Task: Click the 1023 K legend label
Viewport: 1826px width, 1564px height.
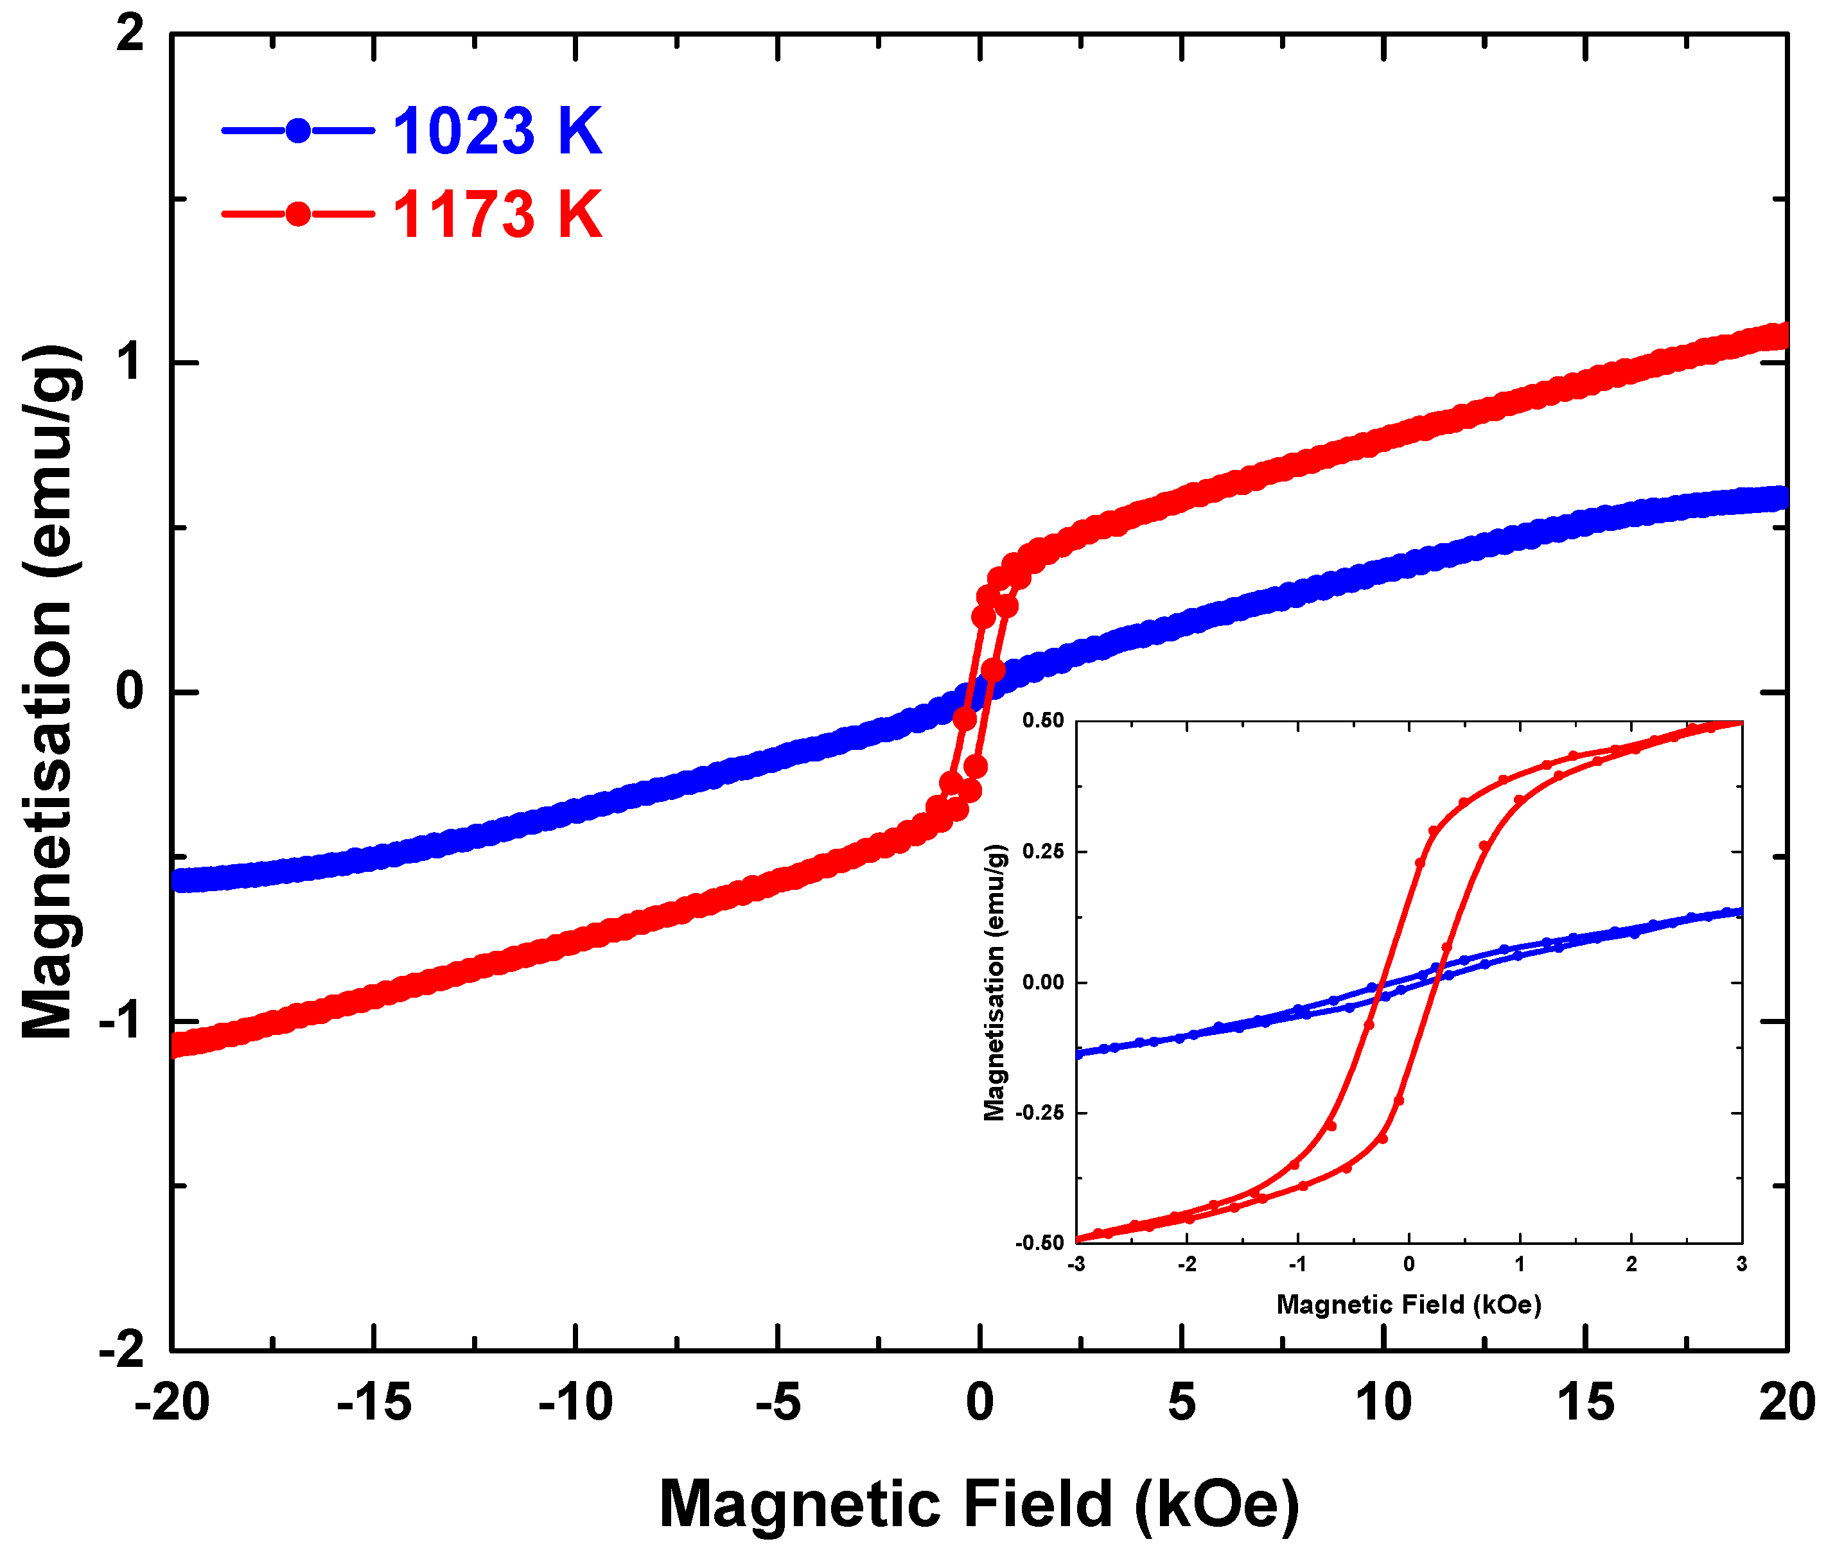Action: pos(497,131)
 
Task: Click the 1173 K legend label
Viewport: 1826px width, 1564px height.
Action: pos(497,214)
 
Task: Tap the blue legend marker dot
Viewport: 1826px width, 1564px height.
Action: pos(299,131)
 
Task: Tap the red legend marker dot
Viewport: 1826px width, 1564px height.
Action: pos(299,214)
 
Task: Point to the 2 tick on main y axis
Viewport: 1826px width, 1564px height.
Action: pos(130,35)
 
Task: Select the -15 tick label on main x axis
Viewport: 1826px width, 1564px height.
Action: pos(374,1402)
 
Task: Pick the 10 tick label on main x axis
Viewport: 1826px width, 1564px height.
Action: pos(1383,1402)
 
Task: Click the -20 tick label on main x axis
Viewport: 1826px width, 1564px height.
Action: pos(172,1402)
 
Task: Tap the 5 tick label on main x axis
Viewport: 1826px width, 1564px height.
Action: pos(1182,1402)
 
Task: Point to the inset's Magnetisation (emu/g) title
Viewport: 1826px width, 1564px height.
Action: pos(994,982)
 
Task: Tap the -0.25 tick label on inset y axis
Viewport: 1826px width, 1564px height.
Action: pos(1040,1113)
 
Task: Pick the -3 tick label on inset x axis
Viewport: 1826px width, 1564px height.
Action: pos(1075,1264)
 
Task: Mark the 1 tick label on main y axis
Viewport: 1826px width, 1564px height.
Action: pos(130,363)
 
